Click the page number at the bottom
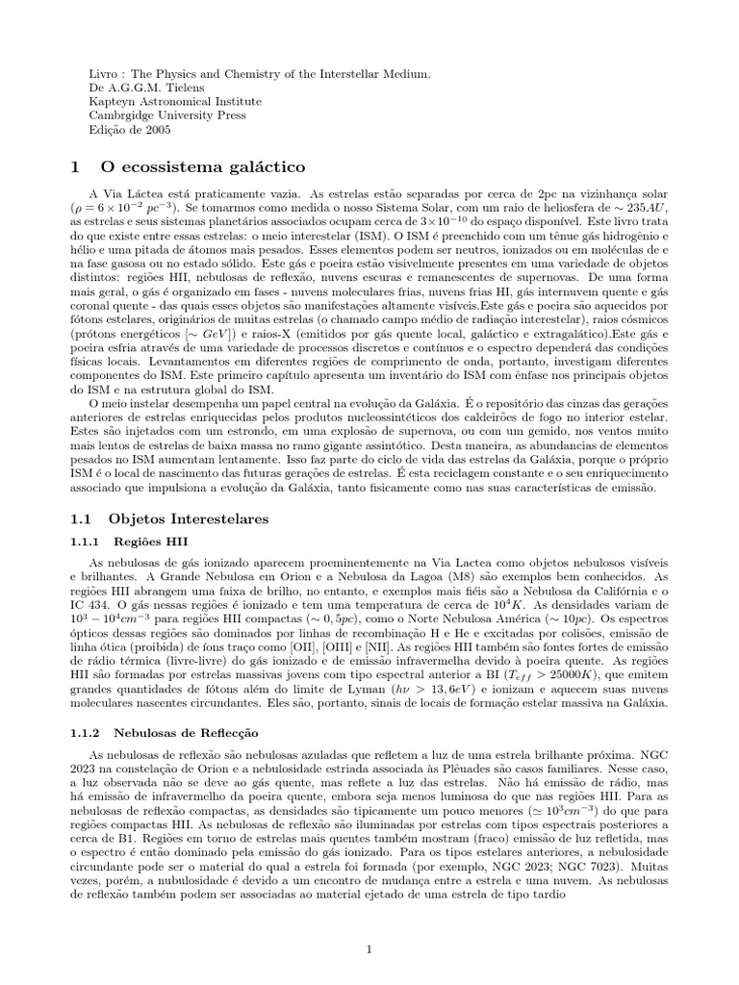[x=369, y=922]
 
